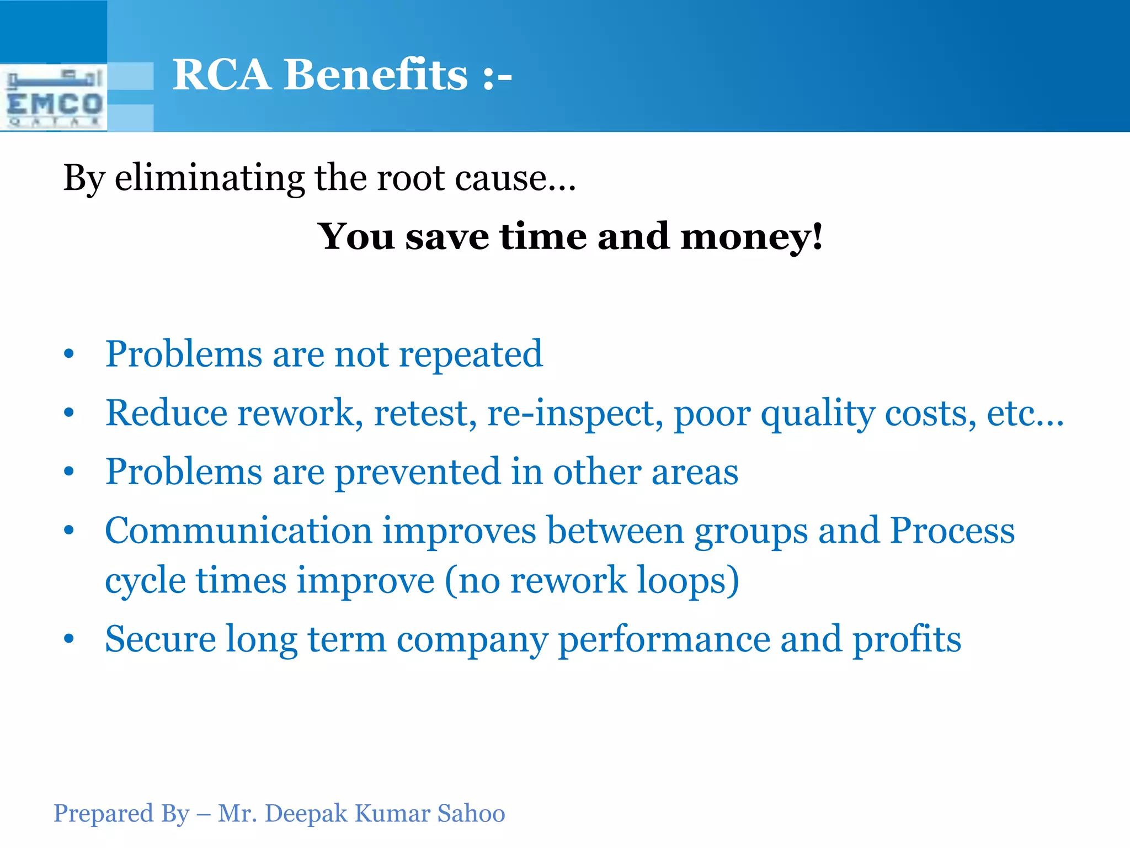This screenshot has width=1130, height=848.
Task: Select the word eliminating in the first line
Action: click(209, 178)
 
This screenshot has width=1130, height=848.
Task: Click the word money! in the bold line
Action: click(751, 237)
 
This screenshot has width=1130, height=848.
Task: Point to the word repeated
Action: click(471, 354)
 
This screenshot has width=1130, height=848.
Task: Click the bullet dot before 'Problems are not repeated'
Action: click(68, 354)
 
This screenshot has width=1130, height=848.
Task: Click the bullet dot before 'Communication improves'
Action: click(68, 531)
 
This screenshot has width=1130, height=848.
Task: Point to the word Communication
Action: click(238, 531)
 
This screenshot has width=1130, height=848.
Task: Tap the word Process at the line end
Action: click(952, 531)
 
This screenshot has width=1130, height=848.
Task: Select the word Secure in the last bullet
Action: click(160, 639)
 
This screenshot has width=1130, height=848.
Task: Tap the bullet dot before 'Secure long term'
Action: click(68, 639)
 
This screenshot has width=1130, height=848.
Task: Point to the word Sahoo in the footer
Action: click(471, 814)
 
